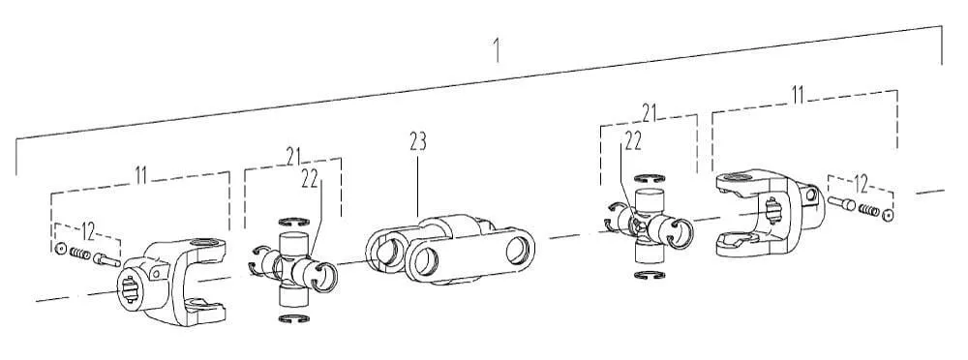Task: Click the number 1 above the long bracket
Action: [x=497, y=50]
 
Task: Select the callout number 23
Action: [x=418, y=141]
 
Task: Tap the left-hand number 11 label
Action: [x=140, y=176]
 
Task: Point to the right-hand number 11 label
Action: [x=798, y=95]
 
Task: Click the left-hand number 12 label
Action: [x=88, y=232]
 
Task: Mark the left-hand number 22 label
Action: [x=310, y=179]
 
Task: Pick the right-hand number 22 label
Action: [x=633, y=141]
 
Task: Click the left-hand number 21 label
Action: [x=294, y=157]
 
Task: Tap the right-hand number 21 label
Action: [x=649, y=112]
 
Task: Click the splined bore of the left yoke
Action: [x=129, y=289]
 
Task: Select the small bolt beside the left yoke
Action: [x=106, y=260]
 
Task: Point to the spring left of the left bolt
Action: [x=80, y=254]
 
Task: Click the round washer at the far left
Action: [x=60, y=249]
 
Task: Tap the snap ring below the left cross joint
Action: [x=294, y=318]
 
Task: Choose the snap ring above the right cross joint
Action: [x=650, y=179]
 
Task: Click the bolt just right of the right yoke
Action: [x=841, y=202]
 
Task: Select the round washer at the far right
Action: [x=888, y=215]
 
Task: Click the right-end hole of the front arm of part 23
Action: [x=517, y=252]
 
